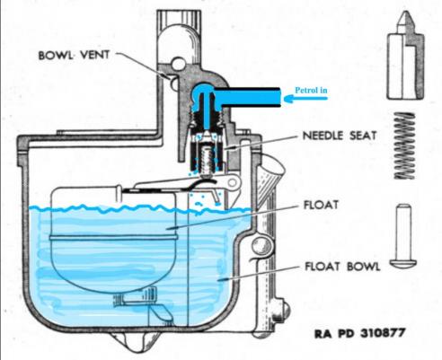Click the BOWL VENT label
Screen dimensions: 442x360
click(74, 55)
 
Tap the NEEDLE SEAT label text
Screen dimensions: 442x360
click(340, 136)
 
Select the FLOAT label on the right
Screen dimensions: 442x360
click(321, 205)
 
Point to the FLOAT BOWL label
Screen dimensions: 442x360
click(342, 266)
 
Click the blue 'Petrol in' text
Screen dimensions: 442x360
click(311, 90)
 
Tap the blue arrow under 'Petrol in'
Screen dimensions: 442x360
click(305, 99)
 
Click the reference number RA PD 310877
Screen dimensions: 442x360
click(360, 333)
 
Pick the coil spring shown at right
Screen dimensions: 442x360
click(404, 145)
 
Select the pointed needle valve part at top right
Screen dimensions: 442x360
click(405, 56)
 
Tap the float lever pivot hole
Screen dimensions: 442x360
click(232, 182)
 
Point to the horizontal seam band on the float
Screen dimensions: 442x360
click(113, 238)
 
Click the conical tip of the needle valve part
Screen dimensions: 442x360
click(405, 18)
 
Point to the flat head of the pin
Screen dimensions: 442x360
click(403, 263)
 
